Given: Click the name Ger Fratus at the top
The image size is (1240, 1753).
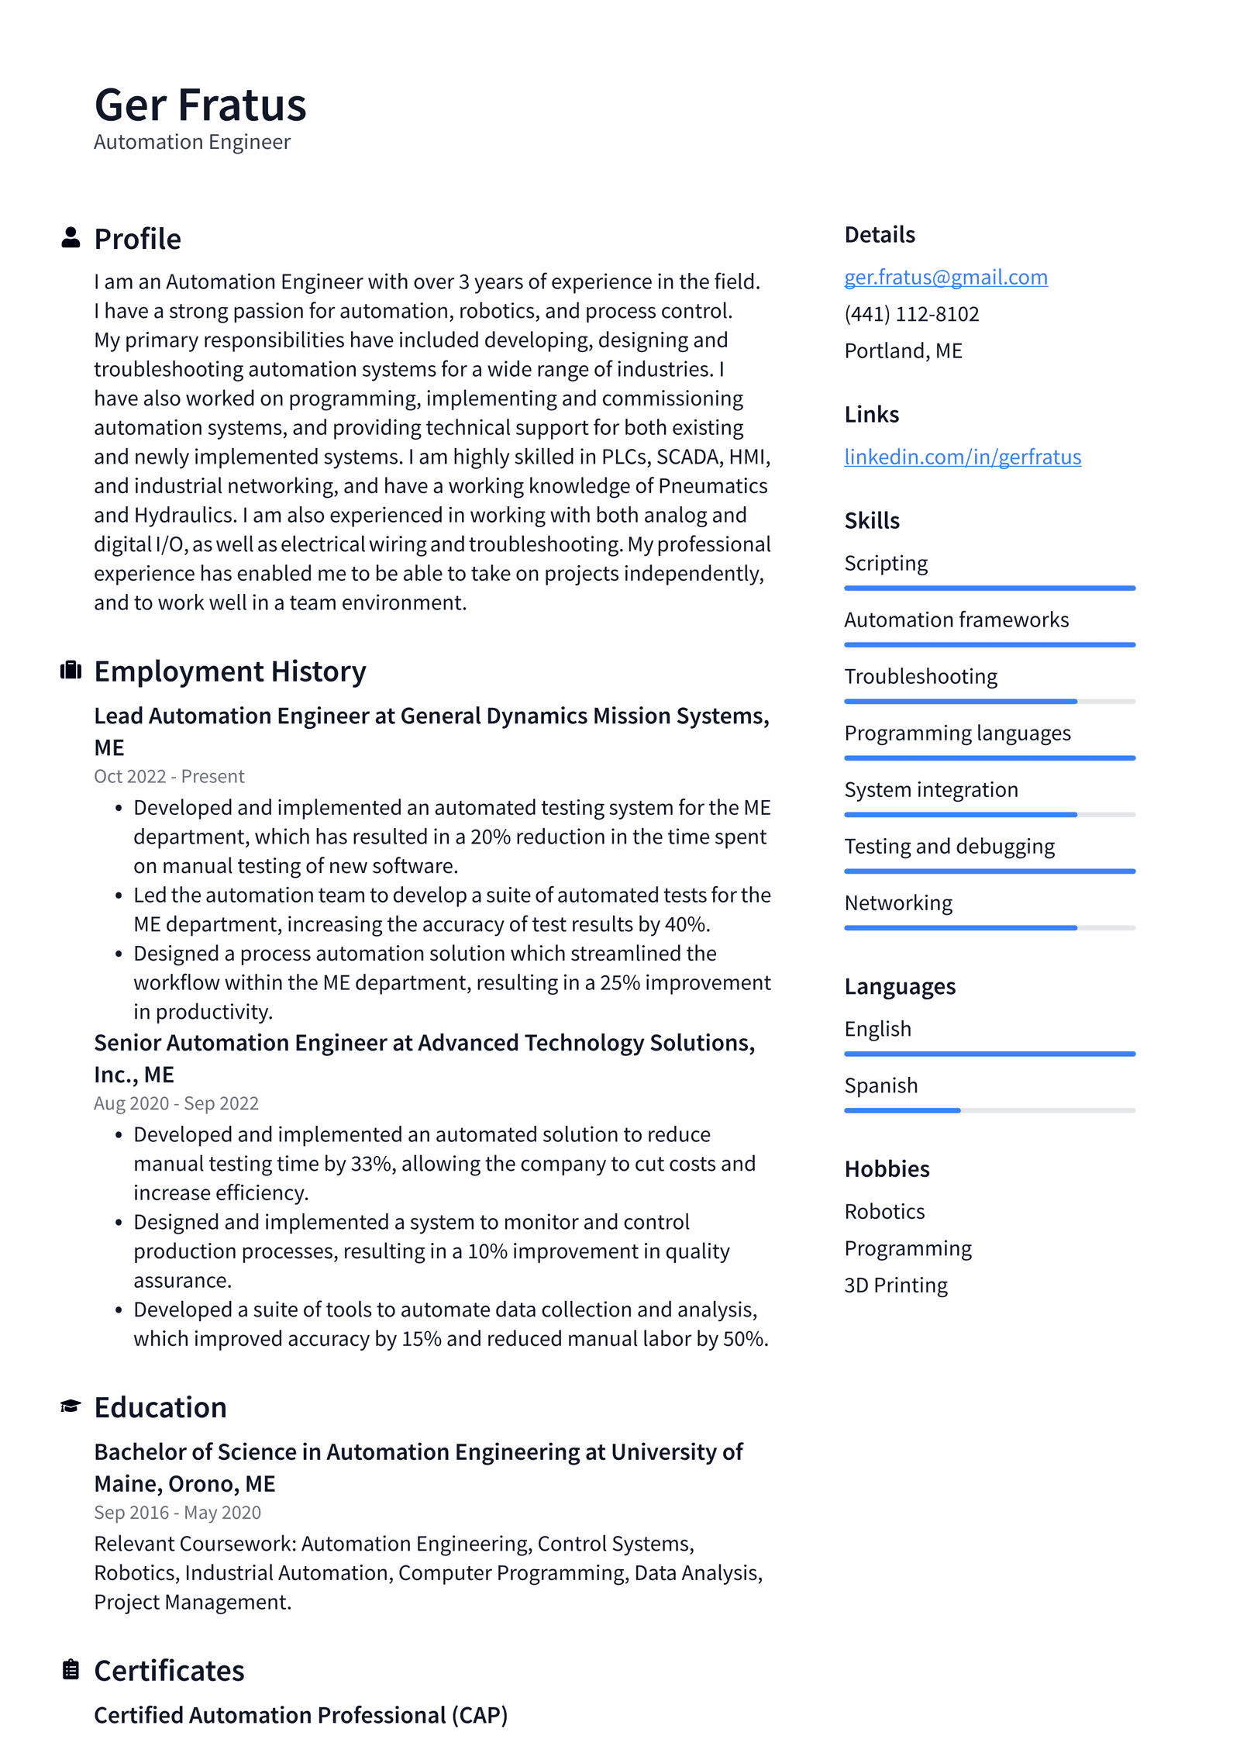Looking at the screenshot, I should [x=200, y=105].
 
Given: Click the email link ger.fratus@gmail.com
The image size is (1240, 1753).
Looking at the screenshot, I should [x=945, y=277].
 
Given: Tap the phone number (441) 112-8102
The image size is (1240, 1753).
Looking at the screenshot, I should [x=911, y=314].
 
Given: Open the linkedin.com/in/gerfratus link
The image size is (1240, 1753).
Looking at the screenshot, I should [x=963, y=457].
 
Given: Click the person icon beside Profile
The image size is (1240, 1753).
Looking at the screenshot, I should [x=71, y=237].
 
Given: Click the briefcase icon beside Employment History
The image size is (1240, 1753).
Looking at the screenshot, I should [x=71, y=670].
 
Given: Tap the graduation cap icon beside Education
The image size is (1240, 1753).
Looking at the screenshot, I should [x=71, y=1406].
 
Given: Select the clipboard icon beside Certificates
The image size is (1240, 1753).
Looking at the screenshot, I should [x=71, y=1669].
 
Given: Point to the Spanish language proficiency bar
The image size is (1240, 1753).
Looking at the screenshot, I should [x=990, y=1110].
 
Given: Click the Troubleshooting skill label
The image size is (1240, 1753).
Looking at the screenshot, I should [x=921, y=676].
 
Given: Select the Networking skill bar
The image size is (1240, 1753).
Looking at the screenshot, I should [x=990, y=927].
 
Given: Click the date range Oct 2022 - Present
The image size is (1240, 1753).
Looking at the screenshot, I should [x=169, y=776].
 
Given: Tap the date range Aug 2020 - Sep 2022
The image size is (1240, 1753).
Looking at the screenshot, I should [x=176, y=1103].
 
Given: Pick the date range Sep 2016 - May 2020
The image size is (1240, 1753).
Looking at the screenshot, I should [x=177, y=1512].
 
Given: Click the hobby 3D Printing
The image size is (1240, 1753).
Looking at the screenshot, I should [x=896, y=1285].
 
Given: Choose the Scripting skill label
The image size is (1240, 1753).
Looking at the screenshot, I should [x=886, y=563].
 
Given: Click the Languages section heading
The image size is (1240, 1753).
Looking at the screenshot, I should [x=900, y=986].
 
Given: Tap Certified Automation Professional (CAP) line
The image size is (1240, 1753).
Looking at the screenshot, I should [x=301, y=1714].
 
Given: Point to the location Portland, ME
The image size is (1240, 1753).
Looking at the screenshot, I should [x=903, y=351].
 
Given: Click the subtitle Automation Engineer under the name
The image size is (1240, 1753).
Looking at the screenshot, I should [x=192, y=142].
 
